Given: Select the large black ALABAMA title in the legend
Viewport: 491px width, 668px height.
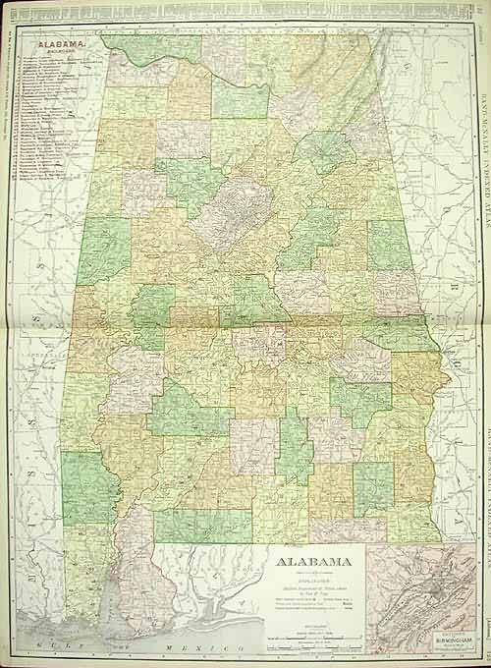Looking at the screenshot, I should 306,563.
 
